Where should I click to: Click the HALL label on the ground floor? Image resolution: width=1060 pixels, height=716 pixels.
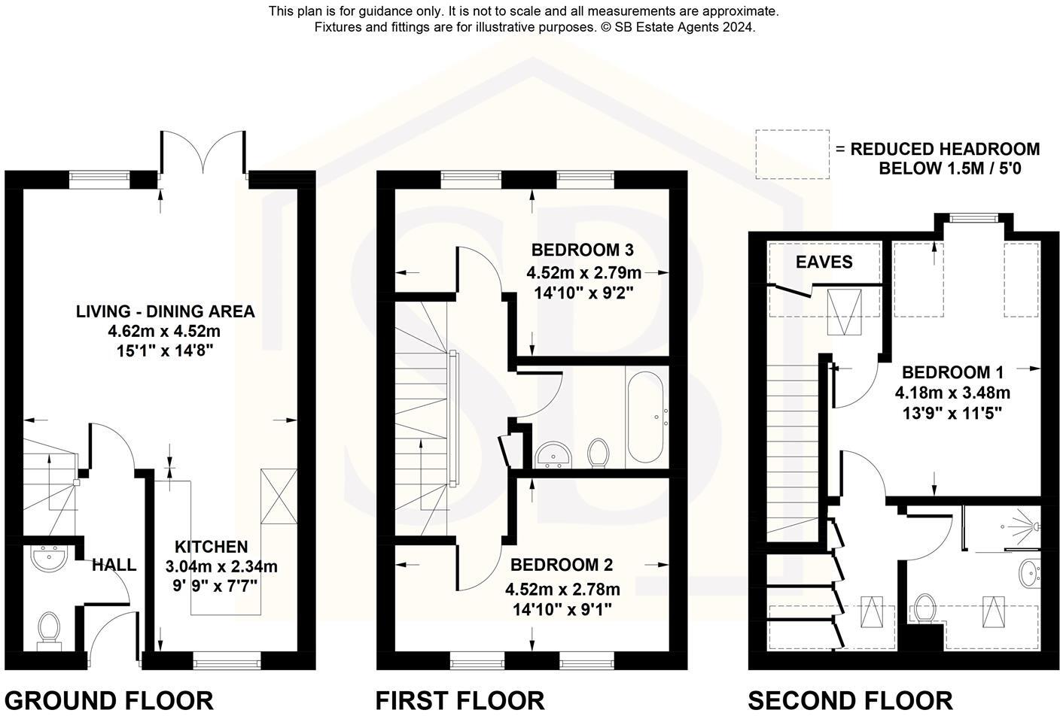pyautogui.click(x=114, y=564)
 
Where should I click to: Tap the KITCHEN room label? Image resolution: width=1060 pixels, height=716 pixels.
pyautogui.click(x=211, y=547)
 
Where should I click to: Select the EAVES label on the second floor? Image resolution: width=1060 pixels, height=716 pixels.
pyautogui.click(x=824, y=262)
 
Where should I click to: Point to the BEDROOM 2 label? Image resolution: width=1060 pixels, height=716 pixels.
pyautogui.click(x=562, y=565)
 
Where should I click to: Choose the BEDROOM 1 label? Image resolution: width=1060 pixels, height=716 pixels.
pyautogui.click(x=952, y=372)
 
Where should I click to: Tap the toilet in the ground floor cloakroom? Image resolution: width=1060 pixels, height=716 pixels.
pyautogui.click(x=49, y=630)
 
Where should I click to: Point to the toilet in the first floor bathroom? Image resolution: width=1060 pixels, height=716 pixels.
pyautogui.click(x=599, y=453)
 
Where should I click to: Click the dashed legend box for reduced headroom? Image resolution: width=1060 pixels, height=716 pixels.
pyautogui.click(x=792, y=155)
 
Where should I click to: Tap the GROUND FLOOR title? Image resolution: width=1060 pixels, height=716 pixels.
pyautogui.click(x=109, y=700)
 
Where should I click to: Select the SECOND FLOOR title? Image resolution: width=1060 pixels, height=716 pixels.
pyautogui.click(x=850, y=700)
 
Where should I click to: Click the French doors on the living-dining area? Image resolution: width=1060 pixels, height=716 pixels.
pyautogui.click(x=203, y=154)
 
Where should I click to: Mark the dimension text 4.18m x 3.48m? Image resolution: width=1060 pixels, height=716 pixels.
pyautogui.click(x=952, y=393)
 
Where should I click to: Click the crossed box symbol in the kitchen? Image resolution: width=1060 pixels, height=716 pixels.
pyautogui.click(x=279, y=496)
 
